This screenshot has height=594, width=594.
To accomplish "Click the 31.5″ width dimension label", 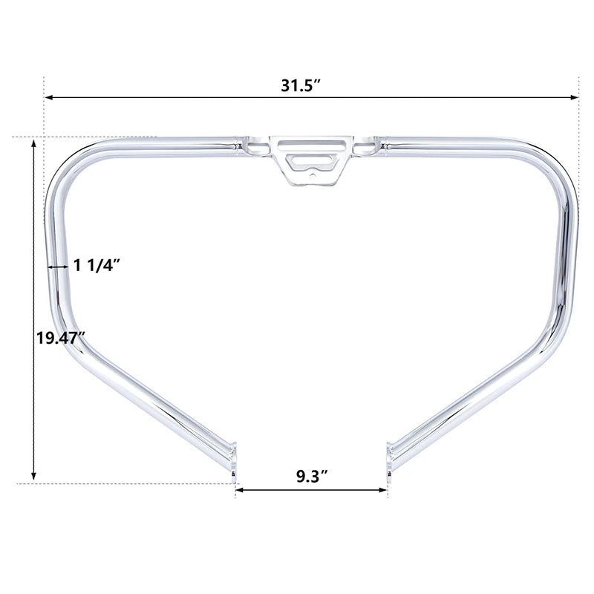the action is pos(301,85).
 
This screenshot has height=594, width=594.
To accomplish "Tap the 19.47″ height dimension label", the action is pos(61,338).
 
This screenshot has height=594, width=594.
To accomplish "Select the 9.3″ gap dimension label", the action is pos(312,476).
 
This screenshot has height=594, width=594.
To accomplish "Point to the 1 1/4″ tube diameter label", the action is pos(97,265).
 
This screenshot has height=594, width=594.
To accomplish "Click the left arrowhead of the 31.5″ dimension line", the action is pos(49,98).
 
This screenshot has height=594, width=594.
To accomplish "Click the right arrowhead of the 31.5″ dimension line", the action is pos(574,98).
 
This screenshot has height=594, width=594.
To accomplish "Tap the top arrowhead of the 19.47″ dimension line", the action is pos(33,144).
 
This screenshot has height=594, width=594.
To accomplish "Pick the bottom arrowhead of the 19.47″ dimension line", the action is pos(33,476).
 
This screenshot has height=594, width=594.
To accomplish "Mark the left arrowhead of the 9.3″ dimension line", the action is pos(240,490).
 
